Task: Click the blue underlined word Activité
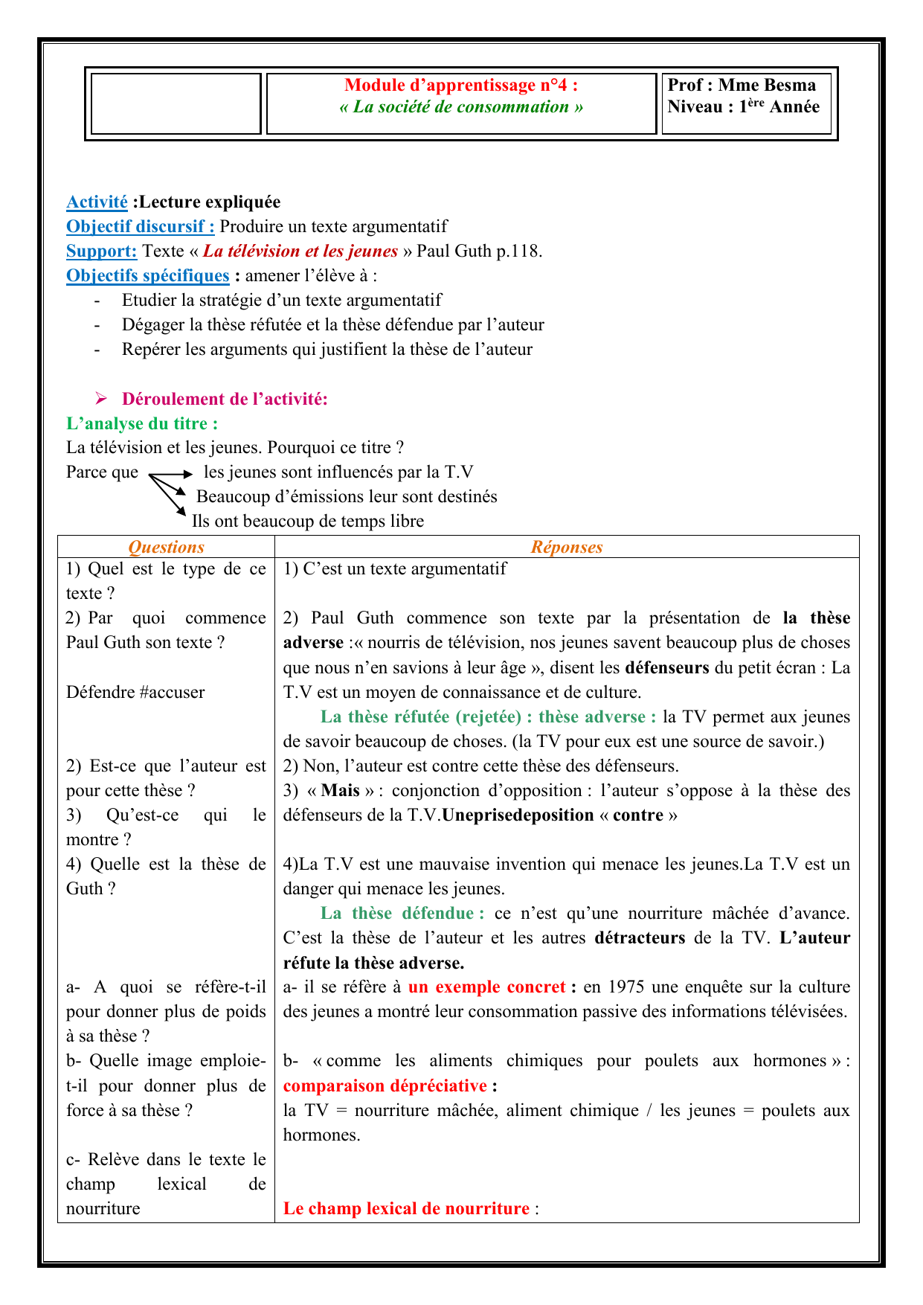[x=97, y=202]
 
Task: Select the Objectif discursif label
[x=140, y=226]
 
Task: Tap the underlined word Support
[x=101, y=251]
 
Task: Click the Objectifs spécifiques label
[x=147, y=275]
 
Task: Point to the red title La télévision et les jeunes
[x=300, y=251]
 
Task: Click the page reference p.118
[x=519, y=251]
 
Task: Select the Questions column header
[x=166, y=547]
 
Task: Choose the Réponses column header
[x=566, y=547]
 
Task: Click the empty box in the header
[x=176, y=103]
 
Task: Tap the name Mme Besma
[x=767, y=85]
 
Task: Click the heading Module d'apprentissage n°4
[x=461, y=85]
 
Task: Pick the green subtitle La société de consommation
[x=461, y=106]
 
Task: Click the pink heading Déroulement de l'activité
[x=225, y=399]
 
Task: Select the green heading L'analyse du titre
[x=142, y=423]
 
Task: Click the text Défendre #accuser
[x=135, y=692]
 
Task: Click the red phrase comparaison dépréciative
[x=385, y=1086]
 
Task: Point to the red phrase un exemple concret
[x=487, y=987]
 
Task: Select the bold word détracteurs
[x=640, y=937]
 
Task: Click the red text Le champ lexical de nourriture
[x=406, y=1208]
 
